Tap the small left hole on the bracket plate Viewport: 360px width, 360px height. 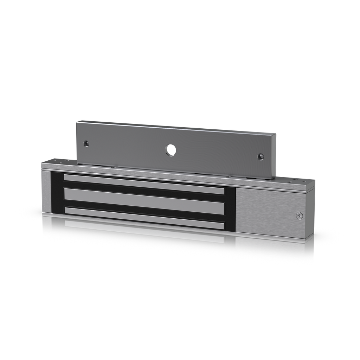click(86, 143)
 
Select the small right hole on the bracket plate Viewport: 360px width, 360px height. click(261, 156)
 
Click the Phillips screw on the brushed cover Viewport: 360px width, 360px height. click(300, 216)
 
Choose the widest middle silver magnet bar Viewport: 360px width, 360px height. click(144, 201)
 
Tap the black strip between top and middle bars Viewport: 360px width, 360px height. click(144, 192)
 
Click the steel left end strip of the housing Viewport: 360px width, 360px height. click(46, 192)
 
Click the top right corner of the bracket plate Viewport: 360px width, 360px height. click(275, 134)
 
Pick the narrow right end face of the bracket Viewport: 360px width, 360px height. click(274, 156)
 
